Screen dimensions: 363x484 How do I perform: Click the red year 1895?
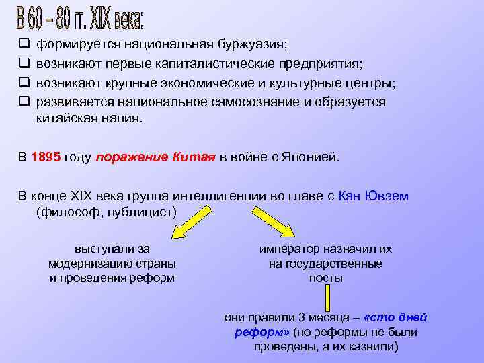[47, 157]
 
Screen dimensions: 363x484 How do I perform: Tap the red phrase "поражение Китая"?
[156, 157]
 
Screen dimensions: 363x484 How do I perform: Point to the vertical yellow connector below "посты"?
[327, 296]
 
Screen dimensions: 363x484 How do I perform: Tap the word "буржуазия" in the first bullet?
[253, 44]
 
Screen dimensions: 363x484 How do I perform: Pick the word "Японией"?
[315, 157]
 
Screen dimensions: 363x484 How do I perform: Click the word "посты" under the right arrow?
[325, 278]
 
